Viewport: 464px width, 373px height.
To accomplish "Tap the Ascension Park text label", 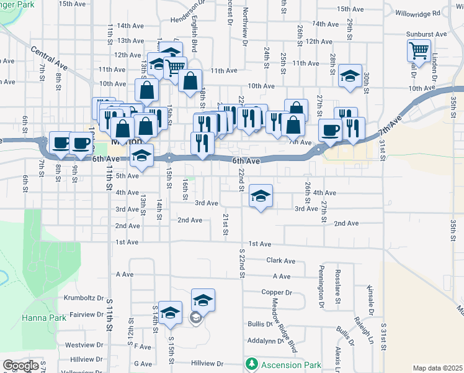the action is click(x=282, y=364).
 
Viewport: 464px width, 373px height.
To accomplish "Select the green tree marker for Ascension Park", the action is click(x=251, y=364).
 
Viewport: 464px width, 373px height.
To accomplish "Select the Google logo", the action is click(x=20, y=366).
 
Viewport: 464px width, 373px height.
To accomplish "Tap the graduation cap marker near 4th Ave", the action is click(x=261, y=196).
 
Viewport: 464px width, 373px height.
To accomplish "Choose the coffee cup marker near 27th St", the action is click(x=331, y=131).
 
